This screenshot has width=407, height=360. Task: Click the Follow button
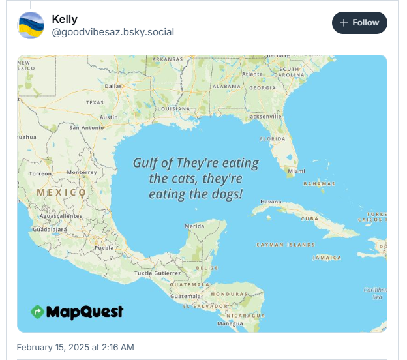pyautogui.click(x=359, y=23)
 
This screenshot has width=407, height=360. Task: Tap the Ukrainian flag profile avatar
pyautogui.click(x=31, y=25)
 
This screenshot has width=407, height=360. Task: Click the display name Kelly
pyautogui.click(x=65, y=20)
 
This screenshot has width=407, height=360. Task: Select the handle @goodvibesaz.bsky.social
pyautogui.click(x=113, y=32)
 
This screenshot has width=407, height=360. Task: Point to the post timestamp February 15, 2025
pyautogui.click(x=75, y=347)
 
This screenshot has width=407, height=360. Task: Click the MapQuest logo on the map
pyautogui.click(x=77, y=312)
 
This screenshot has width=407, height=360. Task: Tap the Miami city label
pyautogui.click(x=296, y=171)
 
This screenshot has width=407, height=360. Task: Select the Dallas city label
pyautogui.click(x=113, y=85)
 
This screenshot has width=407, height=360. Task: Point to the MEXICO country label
pyautogui.click(x=61, y=192)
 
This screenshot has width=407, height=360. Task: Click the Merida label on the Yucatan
pyautogui.click(x=194, y=226)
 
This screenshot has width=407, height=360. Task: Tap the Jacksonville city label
pyautogui.click(x=264, y=117)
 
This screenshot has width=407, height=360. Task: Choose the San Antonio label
pyautogui.click(x=87, y=127)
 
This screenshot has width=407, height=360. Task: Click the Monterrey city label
pyautogui.click(x=82, y=172)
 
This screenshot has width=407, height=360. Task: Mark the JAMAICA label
pyautogui.click(x=327, y=258)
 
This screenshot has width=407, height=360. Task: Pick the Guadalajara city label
pyautogui.click(x=50, y=230)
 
